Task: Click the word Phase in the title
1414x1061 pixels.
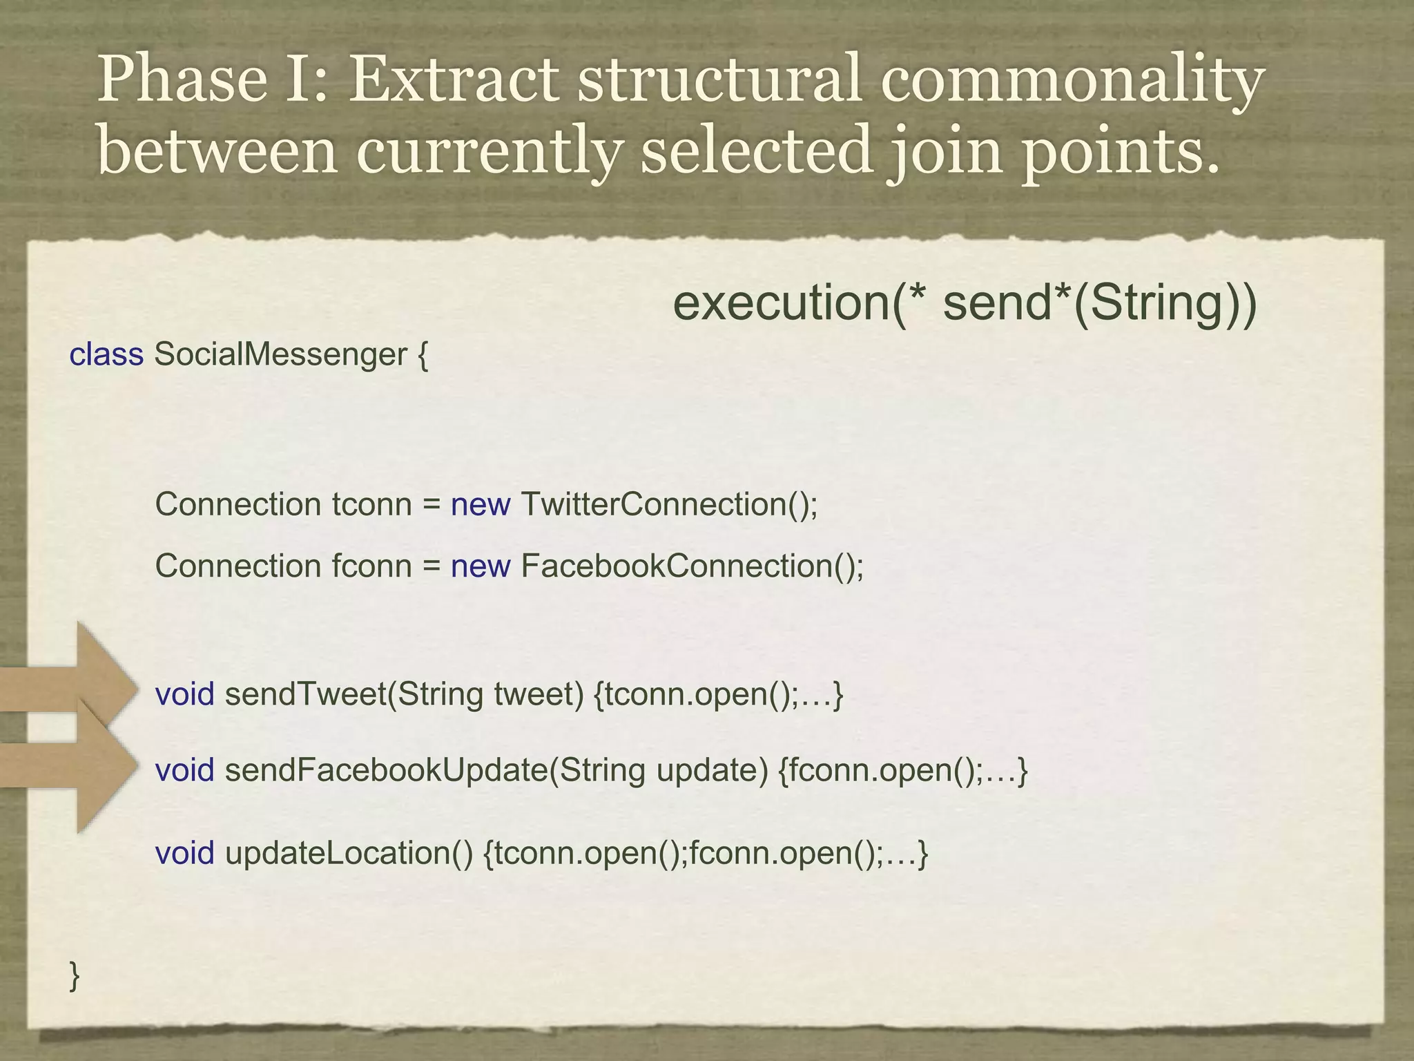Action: [x=182, y=80]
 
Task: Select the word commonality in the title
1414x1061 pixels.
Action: [x=1072, y=80]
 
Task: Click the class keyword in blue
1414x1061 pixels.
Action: [x=106, y=355]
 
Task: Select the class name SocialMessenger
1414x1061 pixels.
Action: [x=281, y=355]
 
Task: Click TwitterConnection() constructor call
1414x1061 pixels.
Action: [x=669, y=505]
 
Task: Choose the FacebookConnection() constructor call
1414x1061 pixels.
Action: [x=692, y=566]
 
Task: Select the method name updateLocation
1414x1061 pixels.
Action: [x=349, y=854]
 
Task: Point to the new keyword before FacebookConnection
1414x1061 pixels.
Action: [x=481, y=566]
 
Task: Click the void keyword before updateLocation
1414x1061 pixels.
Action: [x=184, y=854]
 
